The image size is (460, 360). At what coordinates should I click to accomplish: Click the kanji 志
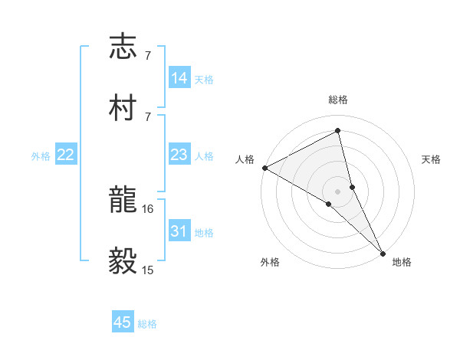point(123,47)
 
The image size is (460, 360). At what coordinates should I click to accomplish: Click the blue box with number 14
point(179,78)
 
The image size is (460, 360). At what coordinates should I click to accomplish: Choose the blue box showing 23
point(179,155)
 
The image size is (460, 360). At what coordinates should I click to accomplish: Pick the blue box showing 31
point(179,231)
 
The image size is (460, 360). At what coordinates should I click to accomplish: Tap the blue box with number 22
point(66,155)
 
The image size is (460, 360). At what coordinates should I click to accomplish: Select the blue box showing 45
point(123,322)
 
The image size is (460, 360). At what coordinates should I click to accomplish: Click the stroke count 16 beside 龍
point(149,208)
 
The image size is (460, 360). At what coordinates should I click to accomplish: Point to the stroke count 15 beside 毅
point(149,270)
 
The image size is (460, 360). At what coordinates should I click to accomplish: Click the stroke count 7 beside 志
point(148,55)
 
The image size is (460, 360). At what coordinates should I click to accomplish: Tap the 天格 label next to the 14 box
point(204,80)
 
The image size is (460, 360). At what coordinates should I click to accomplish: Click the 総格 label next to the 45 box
point(147,324)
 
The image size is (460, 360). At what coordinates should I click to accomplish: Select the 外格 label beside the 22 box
point(41,156)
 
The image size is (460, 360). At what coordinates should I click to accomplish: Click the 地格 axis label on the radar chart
point(402,262)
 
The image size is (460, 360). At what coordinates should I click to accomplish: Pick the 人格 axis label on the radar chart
point(245,159)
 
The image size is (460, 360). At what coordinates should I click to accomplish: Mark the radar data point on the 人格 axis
point(264,168)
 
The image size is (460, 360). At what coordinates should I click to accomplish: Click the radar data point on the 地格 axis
point(383,252)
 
